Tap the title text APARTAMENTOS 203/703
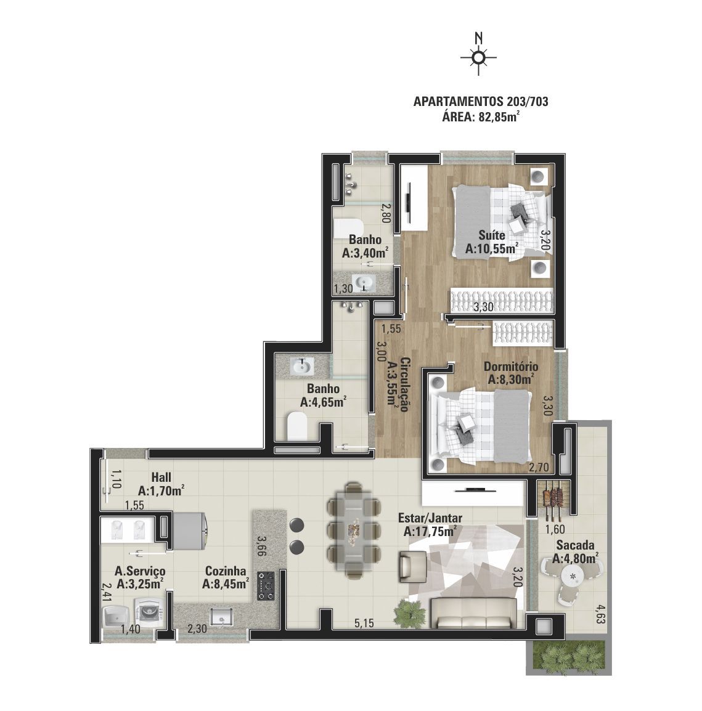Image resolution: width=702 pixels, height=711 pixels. (481, 102)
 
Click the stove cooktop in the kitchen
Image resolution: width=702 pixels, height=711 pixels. (266, 586)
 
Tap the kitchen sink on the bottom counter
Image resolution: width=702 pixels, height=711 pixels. (221, 617)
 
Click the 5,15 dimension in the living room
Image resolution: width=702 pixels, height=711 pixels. (364, 624)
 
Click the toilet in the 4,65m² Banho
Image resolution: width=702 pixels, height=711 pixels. (298, 426)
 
